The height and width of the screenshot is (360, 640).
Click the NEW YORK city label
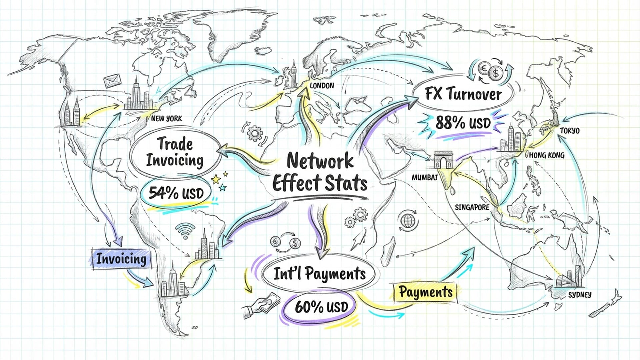tap(166, 118)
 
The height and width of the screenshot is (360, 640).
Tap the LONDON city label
tap(322, 86)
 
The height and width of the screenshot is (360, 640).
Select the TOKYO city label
tap(569, 131)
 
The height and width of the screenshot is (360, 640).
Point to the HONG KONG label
tap(547, 155)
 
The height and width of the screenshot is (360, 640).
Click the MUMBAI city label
tap(424, 177)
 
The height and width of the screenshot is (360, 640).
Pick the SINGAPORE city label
tap(472, 207)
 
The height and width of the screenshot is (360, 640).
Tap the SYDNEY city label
tap(580, 295)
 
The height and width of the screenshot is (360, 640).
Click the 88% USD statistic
tap(463, 123)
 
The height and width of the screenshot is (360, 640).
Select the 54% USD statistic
tap(176, 193)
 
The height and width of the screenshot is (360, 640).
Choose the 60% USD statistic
tap(321, 307)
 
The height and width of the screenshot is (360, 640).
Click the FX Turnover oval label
tap(463, 94)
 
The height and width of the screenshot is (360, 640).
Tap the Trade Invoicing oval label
tap(175, 152)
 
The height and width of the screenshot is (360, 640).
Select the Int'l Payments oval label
tap(319, 274)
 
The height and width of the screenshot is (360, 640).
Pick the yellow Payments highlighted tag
tap(425, 292)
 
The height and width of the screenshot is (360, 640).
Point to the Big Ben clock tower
tap(294, 74)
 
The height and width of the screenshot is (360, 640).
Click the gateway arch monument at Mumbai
tap(443, 160)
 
